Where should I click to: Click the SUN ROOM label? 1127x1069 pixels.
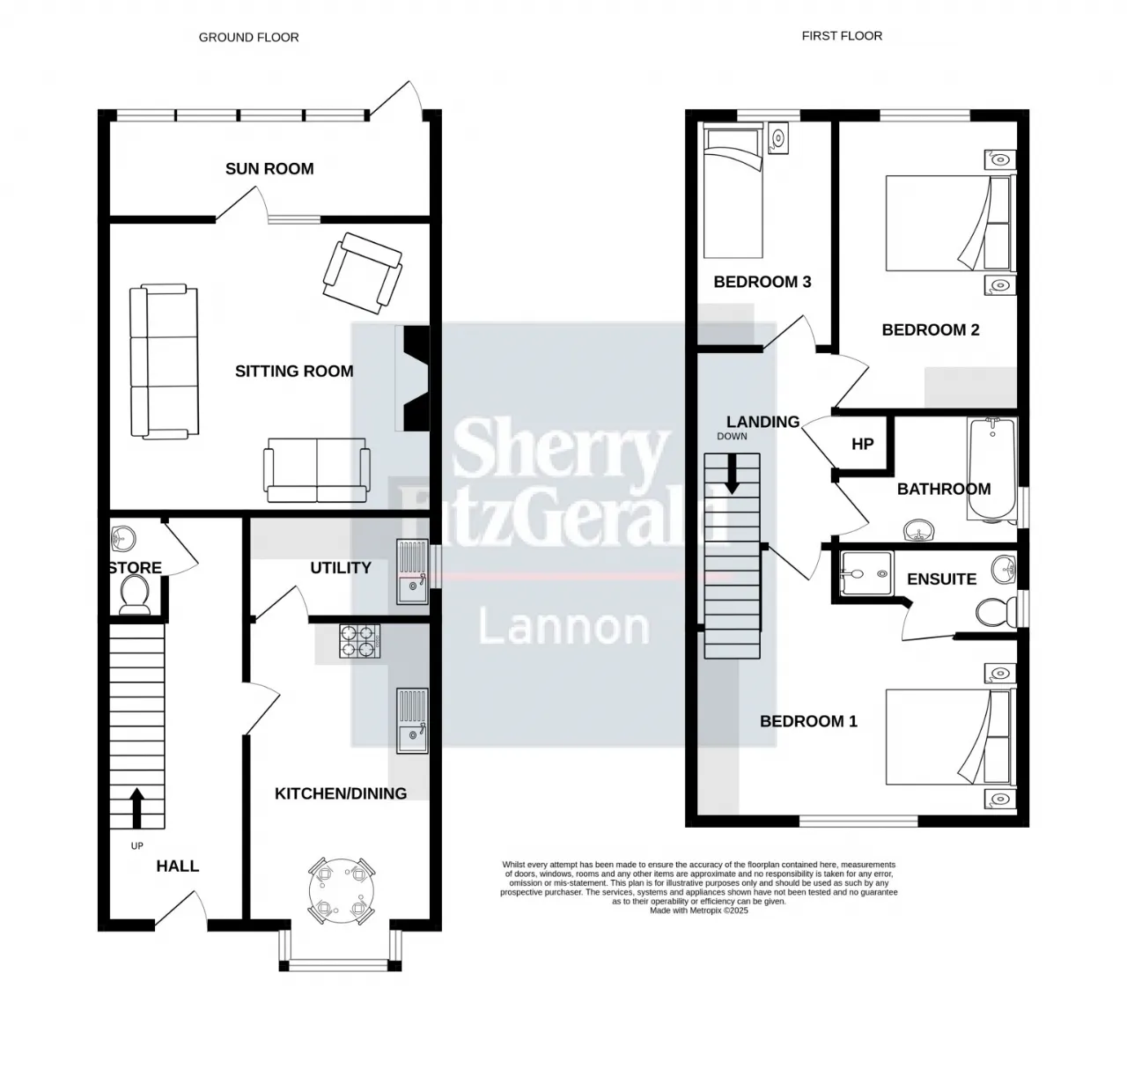(269, 168)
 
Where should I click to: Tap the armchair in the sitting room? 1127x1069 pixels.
(362, 273)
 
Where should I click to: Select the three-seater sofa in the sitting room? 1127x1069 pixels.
(164, 361)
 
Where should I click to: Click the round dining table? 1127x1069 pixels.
(342, 890)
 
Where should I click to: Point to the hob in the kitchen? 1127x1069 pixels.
(359, 640)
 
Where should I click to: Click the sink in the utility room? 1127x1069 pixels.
(412, 571)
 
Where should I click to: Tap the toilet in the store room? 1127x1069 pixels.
(136, 593)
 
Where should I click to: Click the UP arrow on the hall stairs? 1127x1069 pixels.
(136, 808)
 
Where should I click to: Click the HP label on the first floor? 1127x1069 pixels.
(862, 444)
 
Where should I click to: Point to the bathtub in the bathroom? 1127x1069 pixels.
(991, 469)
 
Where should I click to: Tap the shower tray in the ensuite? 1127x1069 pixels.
(866, 573)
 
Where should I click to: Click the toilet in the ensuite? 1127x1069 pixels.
(997, 612)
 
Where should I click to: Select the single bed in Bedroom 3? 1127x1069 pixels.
(733, 194)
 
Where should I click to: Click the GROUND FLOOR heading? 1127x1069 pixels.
(249, 37)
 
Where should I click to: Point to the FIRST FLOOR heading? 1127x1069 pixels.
(842, 35)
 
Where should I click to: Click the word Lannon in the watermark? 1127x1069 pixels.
(564, 626)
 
